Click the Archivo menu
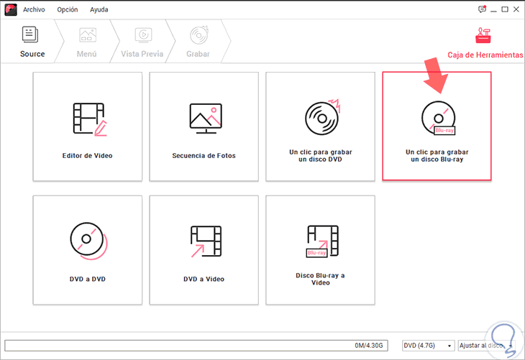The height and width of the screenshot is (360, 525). [34, 10]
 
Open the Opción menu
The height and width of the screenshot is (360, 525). [68, 10]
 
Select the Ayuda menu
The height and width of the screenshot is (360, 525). [99, 10]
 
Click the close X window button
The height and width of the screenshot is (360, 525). [516, 9]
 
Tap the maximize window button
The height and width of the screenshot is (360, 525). [505, 9]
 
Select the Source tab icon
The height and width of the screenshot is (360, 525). [30, 34]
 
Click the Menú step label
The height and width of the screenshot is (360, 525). [87, 54]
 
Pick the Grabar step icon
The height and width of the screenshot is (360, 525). [199, 34]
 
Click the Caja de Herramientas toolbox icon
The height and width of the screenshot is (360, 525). [483, 35]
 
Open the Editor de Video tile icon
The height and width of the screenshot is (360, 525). [90, 119]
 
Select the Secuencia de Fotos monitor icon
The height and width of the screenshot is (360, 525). [206, 119]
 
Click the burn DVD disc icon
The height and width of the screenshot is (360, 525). [322, 117]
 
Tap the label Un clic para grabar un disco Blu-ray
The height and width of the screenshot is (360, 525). [437, 156]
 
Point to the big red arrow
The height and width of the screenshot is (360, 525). [436, 75]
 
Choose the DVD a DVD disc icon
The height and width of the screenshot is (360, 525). [88, 241]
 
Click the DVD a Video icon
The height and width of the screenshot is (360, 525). [206, 241]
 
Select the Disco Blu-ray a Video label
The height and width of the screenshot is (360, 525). [321, 279]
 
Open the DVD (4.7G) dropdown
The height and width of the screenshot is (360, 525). [428, 346]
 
